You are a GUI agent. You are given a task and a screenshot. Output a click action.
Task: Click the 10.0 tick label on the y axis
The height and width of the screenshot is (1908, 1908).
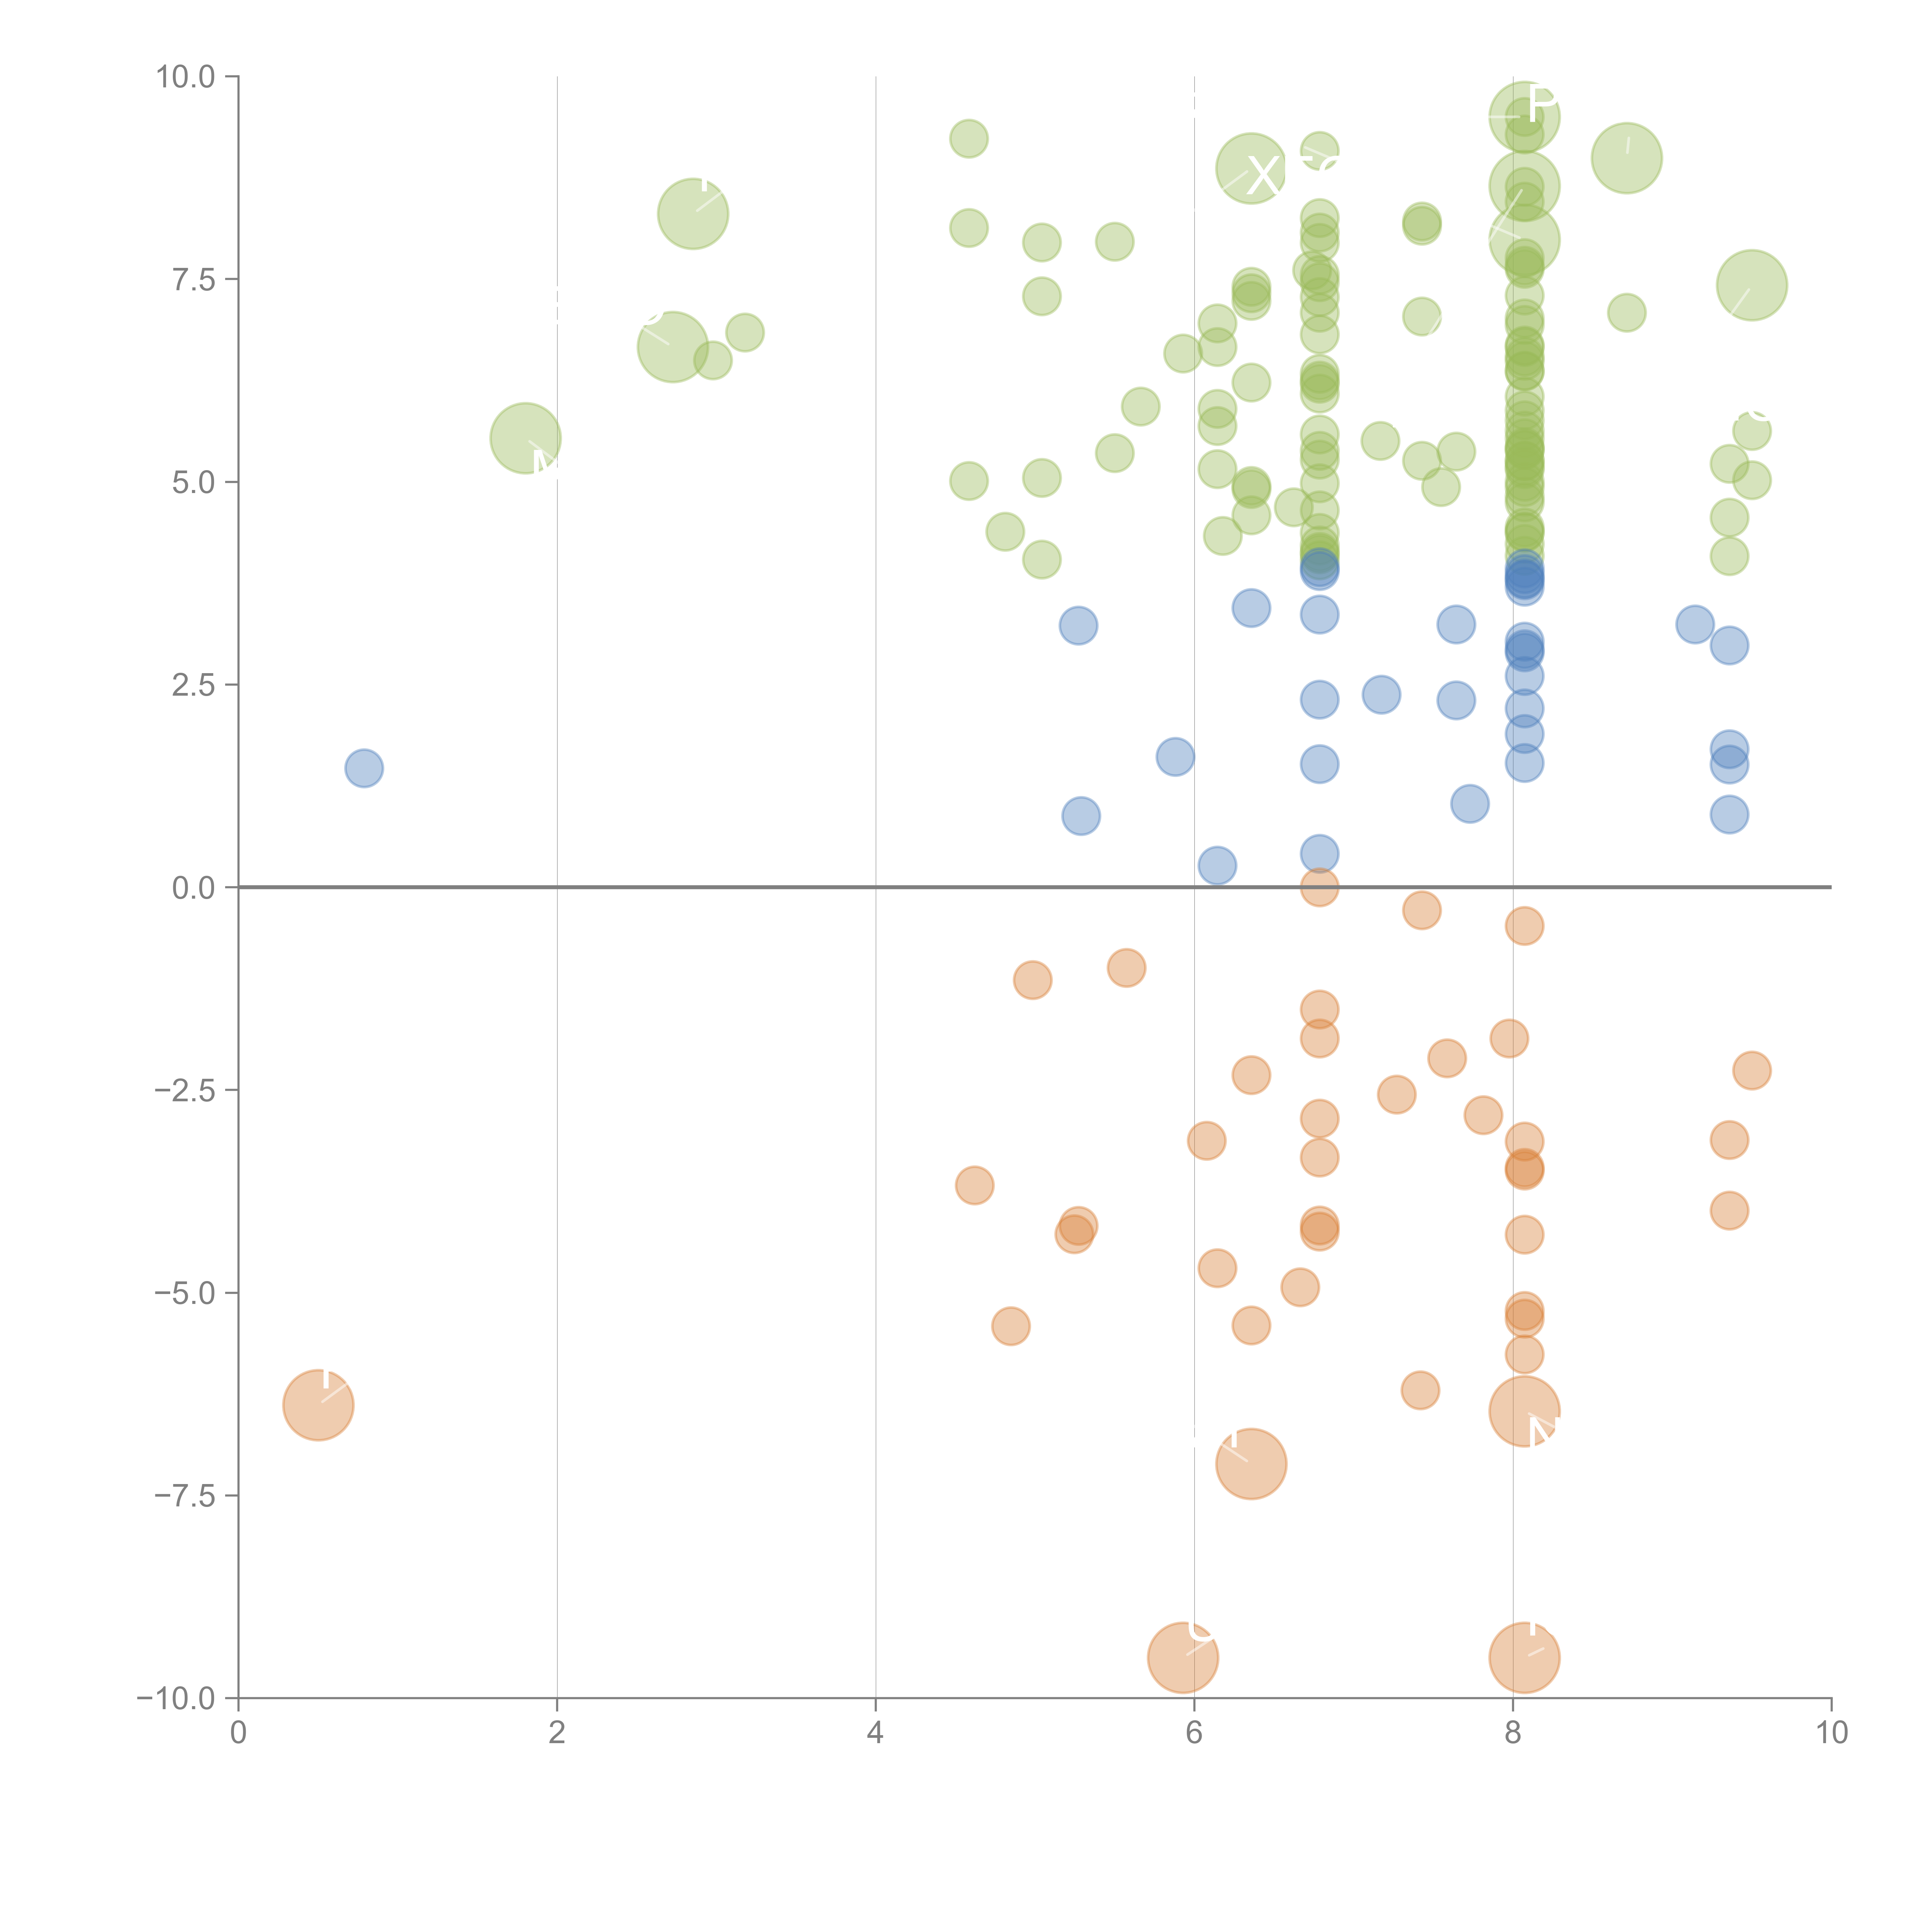tap(186, 77)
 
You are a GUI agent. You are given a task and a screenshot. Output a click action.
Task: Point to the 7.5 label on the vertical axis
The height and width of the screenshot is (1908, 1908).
tap(193, 279)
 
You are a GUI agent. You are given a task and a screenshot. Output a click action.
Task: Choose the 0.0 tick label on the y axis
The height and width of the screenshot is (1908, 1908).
tap(193, 888)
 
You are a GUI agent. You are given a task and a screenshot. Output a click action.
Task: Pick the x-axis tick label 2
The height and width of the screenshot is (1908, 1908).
tap(557, 1733)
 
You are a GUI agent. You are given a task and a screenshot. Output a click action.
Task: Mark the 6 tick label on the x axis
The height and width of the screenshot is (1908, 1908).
tap(1194, 1733)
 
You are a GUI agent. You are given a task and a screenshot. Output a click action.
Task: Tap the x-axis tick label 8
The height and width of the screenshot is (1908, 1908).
tap(1513, 1733)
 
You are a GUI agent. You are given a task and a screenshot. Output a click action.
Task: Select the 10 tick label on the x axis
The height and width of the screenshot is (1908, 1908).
tap(1831, 1733)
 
